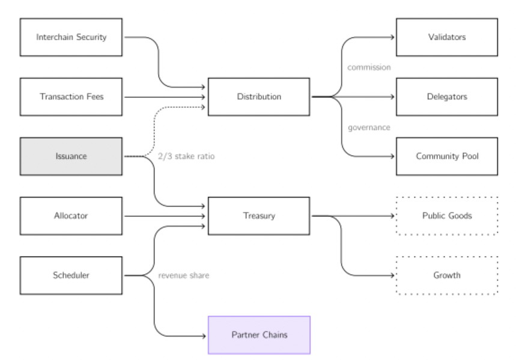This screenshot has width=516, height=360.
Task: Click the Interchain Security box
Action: coord(71,37)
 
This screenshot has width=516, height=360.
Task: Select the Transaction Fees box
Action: coord(71,96)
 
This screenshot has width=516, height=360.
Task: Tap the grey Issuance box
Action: coord(71,156)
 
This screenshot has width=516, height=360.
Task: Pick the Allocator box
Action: coord(71,215)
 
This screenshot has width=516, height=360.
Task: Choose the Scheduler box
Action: coord(71,275)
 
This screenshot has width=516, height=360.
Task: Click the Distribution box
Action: coord(258,96)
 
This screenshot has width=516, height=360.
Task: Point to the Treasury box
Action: coord(258,215)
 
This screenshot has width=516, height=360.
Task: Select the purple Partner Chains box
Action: coord(258,335)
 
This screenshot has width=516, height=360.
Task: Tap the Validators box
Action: coord(446,37)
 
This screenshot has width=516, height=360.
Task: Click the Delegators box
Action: coord(446,96)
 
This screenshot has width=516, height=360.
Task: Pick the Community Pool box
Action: coord(446,156)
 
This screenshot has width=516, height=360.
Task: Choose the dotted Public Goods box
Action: coord(446,215)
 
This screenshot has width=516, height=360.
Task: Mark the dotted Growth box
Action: coord(446,275)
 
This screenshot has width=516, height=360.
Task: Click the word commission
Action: coord(369,67)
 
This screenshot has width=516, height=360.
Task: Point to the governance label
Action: coord(369,127)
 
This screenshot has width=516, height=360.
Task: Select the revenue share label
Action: coord(184,276)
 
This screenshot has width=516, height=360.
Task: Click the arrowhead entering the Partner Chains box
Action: coord(205,335)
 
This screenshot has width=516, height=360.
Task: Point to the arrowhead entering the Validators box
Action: coord(392,37)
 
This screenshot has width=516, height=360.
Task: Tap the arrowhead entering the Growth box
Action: coord(393,275)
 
